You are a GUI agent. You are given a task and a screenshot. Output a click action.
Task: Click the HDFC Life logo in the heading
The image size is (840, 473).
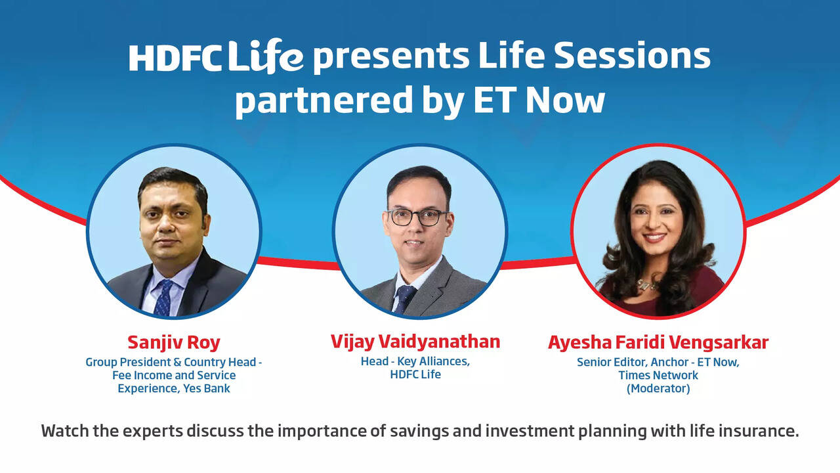point(216,58)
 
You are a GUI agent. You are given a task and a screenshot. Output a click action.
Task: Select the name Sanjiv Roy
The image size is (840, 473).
point(173,343)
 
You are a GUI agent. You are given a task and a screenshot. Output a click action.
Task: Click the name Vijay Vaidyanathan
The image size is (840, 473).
point(415,342)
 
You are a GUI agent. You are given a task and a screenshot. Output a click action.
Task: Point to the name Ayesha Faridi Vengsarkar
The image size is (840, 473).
point(658,343)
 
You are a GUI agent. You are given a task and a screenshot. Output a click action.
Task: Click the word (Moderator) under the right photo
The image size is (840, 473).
point(658,388)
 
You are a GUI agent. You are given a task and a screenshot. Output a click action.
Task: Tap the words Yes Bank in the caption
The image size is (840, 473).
point(207,388)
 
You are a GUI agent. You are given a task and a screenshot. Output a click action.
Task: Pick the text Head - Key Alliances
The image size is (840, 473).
point(415,361)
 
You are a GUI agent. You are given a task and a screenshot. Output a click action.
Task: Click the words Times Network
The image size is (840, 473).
point(658,375)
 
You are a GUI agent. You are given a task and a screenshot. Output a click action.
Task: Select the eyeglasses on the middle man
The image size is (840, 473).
point(417,217)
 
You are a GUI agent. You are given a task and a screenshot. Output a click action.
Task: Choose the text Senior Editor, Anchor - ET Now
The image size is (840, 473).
point(658,362)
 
